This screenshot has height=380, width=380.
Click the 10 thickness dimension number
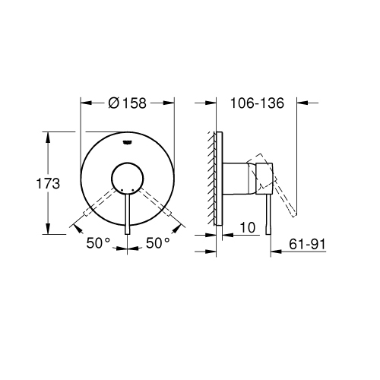(246, 226)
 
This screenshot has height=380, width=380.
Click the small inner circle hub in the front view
(128, 179)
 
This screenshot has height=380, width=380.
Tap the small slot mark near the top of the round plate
(128, 141)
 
